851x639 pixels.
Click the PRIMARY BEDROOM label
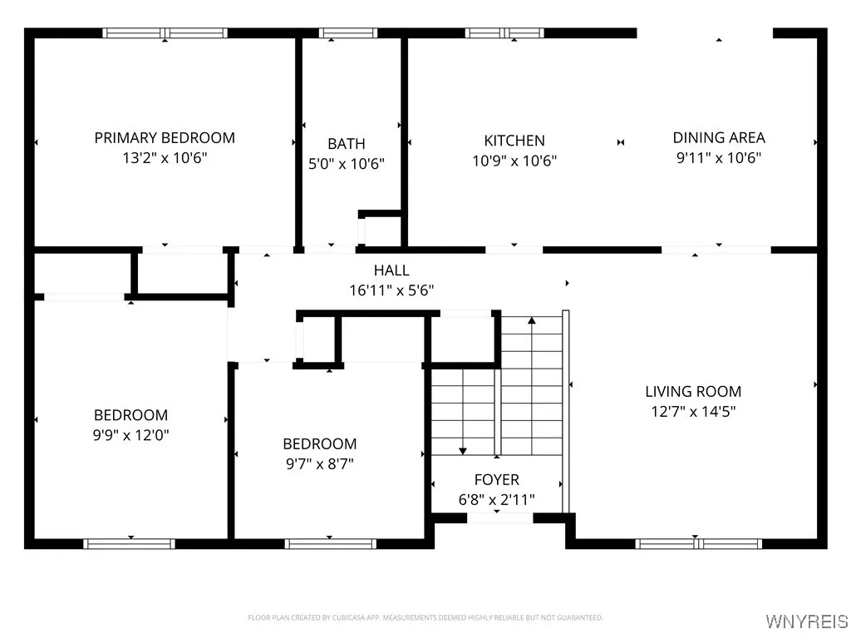coord(165,138)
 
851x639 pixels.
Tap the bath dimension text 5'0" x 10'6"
coord(347,164)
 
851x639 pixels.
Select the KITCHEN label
coord(514,141)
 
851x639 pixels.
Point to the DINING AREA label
coord(719,138)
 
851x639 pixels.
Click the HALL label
coord(391,270)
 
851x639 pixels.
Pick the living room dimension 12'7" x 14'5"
coord(693,411)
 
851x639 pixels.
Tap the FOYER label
coord(497,480)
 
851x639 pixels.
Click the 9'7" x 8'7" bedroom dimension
coord(320,463)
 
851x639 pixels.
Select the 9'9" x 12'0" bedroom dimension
coord(130,434)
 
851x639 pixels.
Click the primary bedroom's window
coord(165,33)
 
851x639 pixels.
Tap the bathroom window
coord(348,33)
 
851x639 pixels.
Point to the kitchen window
coord(504,33)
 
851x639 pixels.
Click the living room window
coord(698,543)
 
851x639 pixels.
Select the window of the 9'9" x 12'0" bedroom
coord(129,543)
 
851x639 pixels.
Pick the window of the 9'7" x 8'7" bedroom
coord(331,543)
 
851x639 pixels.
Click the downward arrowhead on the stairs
coord(462,451)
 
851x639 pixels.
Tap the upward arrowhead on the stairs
coord(532,320)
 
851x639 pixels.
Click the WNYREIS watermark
coord(806,621)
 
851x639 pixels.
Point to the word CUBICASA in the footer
coord(349,618)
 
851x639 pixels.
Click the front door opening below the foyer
coord(499,518)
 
